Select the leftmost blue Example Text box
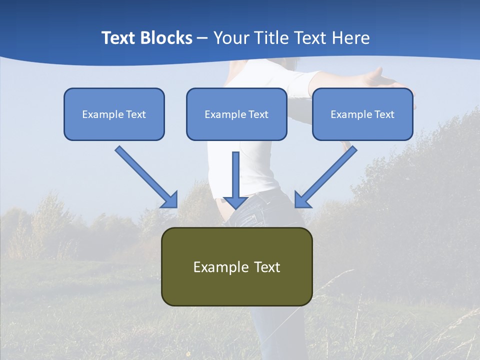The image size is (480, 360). [x=114, y=114]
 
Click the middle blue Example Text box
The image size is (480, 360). [x=236, y=114]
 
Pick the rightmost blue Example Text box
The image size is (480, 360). [x=362, y=114]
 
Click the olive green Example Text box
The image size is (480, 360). [x=236, y=266]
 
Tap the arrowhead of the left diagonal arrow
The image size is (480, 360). [x=170, y=199]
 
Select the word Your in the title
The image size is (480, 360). [x=231, y=38]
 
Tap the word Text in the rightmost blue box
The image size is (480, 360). [x=384, y=114]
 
